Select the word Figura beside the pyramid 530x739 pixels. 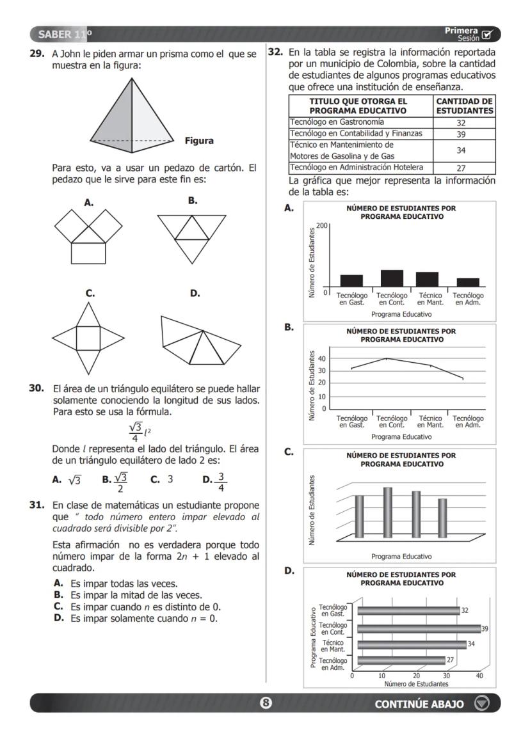[x=199, y=141]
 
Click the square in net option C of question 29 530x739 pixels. [x=88, y=338]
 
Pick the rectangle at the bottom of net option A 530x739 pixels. [x=88, y=253]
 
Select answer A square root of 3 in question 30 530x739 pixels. [x=67, y=479]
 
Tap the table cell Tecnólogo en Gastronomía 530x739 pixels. [x=360, y=122]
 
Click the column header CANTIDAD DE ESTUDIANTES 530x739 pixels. [x=465, y=106]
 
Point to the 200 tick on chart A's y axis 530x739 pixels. [x=321, y=226]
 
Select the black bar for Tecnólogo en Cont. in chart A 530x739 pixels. [x=392, y=278]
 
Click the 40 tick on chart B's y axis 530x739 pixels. [x=323, y=358]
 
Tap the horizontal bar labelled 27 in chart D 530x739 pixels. [x=401, y=660]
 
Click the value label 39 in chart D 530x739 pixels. [x=485, y=629]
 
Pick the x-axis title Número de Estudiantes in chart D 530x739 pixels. [x=416, y=683]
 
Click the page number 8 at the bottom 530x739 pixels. [x=266, y=703]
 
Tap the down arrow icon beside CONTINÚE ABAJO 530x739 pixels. [x=481, y=703]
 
